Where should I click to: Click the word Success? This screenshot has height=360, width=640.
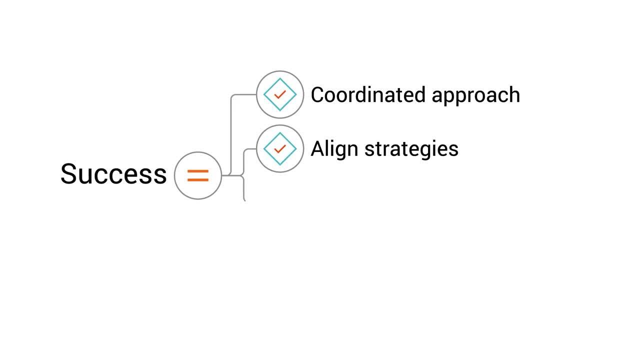113,174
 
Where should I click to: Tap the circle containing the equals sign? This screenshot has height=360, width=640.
198,175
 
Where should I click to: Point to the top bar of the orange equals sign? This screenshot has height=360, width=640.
198,171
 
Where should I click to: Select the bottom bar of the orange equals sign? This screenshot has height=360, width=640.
198,179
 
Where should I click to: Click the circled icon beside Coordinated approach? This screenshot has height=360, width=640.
280,94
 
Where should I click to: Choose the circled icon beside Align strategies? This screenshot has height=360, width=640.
280,148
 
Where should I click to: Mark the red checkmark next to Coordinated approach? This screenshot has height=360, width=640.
280,94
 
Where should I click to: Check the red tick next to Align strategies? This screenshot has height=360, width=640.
280,148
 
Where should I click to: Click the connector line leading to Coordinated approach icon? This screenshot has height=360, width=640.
231,130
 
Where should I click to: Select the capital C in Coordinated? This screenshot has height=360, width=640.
318,94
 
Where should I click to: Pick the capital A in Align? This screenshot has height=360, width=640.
317,148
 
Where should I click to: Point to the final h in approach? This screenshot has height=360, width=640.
514,94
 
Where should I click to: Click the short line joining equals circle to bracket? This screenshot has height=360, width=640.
226,175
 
